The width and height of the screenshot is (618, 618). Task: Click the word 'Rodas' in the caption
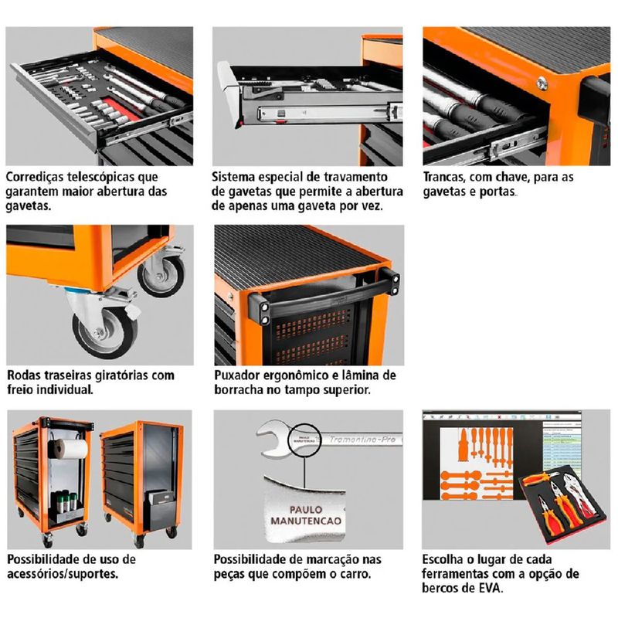25,375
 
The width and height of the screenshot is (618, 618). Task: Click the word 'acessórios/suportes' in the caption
64,574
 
